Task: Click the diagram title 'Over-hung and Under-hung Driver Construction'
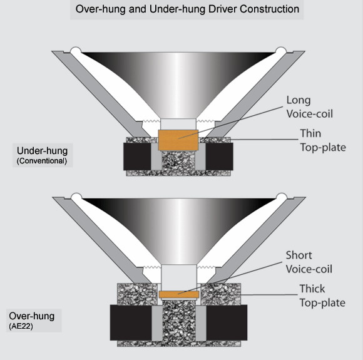click(x=187, y=9)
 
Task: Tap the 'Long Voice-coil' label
click(x=310, y=107)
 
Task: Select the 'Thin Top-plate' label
click(x=323, y=140)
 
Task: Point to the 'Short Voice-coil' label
click(x=309, y=262)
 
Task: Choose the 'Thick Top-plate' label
click(x=322, y=296)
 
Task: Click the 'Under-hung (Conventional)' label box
click(x=43, y=155)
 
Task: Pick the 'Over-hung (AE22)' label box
click(x=34, y=321)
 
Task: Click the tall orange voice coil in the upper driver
click(x=178, y=140)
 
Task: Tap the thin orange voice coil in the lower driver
click(x=179, y=294)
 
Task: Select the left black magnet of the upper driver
click(x=137, y=157)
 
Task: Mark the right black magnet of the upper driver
click(x=219, y=157)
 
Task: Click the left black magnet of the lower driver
click(x=131, y=322)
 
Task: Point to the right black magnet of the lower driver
click(x=227, y=322)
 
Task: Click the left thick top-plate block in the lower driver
click(x=137, y=294)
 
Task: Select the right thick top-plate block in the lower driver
click(x=221, y=294)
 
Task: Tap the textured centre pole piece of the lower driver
click(x=179, y=321)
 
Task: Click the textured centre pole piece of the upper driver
click(x=178, y=162)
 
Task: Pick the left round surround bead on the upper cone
click(x=76, y=51)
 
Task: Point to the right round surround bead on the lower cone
click(x=282, y=197)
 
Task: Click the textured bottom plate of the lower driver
click(x=179, y=344)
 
